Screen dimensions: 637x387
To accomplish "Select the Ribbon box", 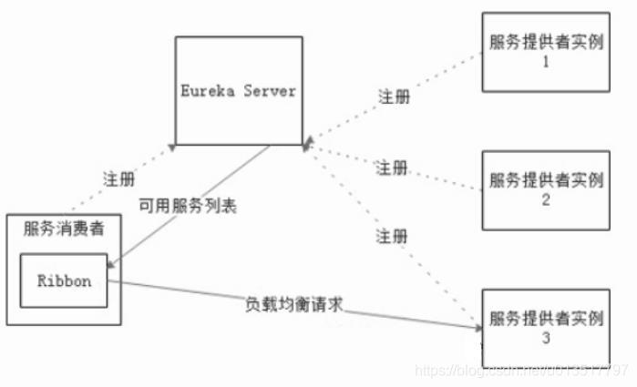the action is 64,281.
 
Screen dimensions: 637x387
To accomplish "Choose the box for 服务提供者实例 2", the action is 545,188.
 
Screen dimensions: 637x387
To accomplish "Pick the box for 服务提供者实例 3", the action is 545,328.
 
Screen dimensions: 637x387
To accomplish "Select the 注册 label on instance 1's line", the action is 393,97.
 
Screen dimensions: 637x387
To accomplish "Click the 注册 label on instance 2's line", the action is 393,168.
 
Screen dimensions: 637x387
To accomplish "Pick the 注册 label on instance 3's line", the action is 390,236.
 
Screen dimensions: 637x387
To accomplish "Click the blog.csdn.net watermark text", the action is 520,371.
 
